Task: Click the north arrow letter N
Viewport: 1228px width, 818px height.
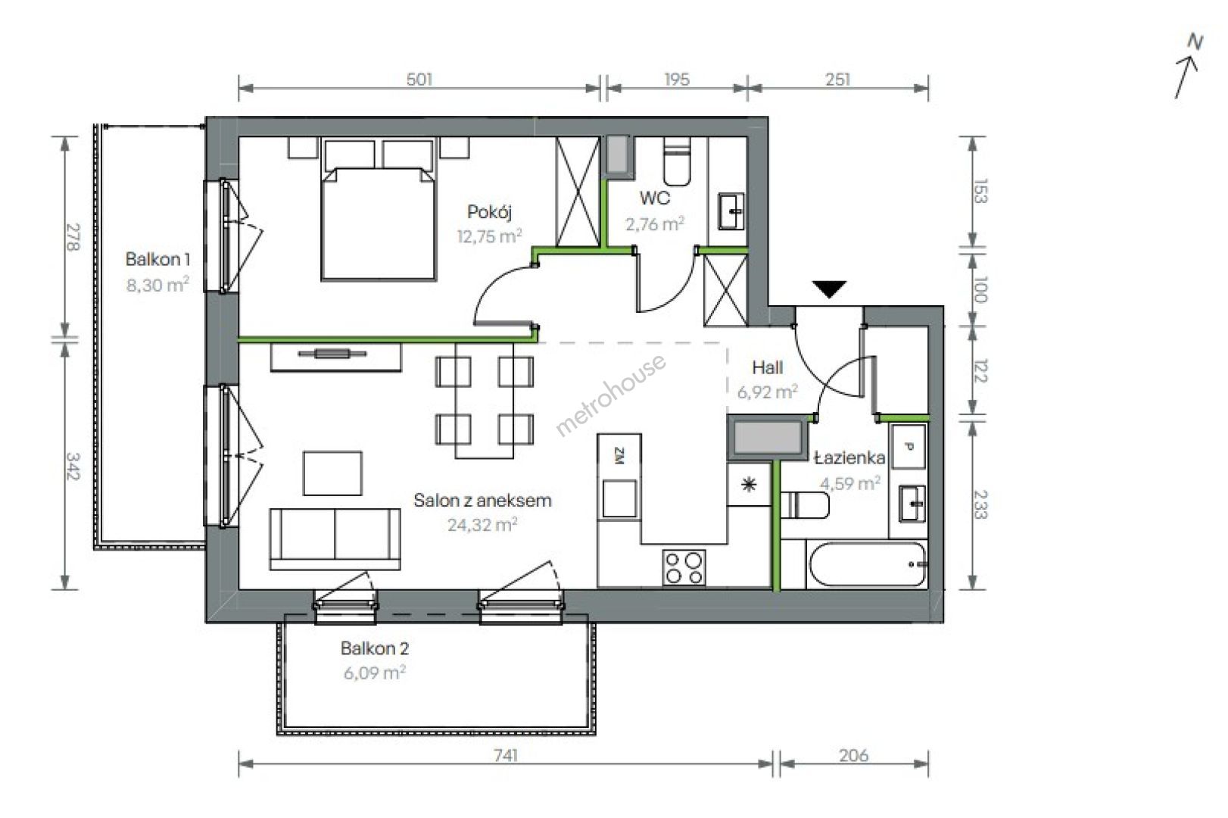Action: coord(1195,42)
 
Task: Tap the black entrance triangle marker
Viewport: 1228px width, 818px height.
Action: coord(829,289)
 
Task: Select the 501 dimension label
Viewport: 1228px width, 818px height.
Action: coord(419,80)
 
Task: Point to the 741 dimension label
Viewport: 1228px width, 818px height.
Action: coord(506,755)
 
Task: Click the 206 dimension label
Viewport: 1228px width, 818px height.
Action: coord(853,755)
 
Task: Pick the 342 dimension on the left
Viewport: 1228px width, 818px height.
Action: coord(73,466)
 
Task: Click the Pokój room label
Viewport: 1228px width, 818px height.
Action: coord(490,212)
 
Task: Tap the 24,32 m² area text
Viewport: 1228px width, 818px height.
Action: coord(482,525)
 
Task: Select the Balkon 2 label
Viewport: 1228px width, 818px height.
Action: coord(375,648)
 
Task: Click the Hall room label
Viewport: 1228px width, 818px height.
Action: coord(768,367)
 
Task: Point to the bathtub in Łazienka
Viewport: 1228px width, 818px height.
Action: coord(868,564)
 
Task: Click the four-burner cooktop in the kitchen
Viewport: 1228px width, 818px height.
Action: coord(684,567)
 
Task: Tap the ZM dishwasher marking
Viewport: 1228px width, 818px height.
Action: coord(619,455)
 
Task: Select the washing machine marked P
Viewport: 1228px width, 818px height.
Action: coord(909,447)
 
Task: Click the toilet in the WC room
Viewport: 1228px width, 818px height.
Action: coord(677,161)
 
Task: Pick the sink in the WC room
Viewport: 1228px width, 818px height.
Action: coord(732,211)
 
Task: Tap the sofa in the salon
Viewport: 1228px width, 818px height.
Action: coord(335,539)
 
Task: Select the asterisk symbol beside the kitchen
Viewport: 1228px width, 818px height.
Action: coord(748,485)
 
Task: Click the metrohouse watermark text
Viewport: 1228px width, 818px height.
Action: coord(611,395)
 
